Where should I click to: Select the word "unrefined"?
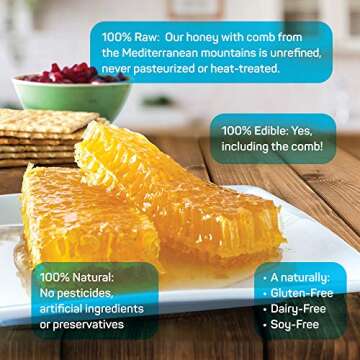[x=299, y=52]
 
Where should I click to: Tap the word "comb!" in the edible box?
[x=304, y=147]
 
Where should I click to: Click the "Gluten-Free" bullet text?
[x=296, y=292]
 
